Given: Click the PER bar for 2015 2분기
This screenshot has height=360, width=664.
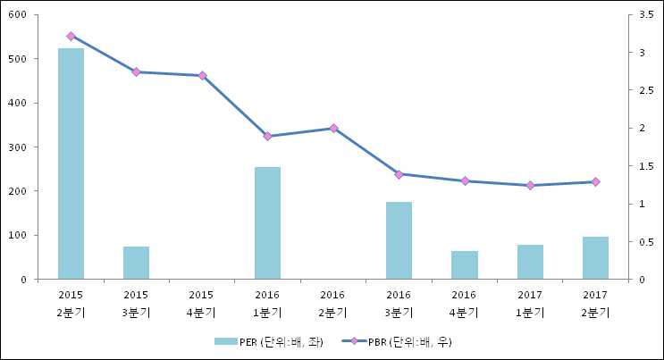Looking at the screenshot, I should coord(71,163).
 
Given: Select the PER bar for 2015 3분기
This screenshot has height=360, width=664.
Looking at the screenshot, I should coord(136,263).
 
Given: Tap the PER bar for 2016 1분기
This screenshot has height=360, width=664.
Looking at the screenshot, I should coord(267,223).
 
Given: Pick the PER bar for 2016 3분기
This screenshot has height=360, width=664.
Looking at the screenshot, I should coord(399,240).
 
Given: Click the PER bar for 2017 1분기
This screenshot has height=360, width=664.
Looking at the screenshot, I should coord(530,262).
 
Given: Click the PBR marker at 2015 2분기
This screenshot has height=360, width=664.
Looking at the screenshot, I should coord(71,37).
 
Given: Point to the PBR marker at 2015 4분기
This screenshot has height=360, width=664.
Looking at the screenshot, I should coord(202,76).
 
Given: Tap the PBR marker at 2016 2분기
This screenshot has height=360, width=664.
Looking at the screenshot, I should coord(333,129).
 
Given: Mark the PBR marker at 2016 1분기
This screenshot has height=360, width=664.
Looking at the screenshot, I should coord(267,137).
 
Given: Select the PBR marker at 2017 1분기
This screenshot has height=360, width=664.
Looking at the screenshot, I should coord(530,186).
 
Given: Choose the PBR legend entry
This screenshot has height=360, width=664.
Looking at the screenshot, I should coord(399,341).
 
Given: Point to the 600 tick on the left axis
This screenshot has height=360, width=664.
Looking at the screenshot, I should coord(19,15).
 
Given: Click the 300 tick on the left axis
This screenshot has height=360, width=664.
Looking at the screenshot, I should coord(19,147).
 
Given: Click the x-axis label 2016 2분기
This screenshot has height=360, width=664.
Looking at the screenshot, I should coord(333,303).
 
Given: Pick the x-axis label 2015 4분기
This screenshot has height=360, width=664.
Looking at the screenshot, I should coord(202,303).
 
